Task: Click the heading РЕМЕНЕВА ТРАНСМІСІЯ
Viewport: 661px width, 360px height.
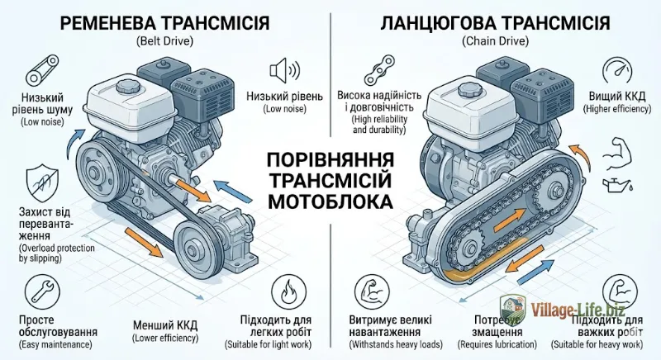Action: click(164, 22)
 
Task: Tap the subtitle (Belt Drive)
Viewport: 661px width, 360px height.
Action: click(164, 41)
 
